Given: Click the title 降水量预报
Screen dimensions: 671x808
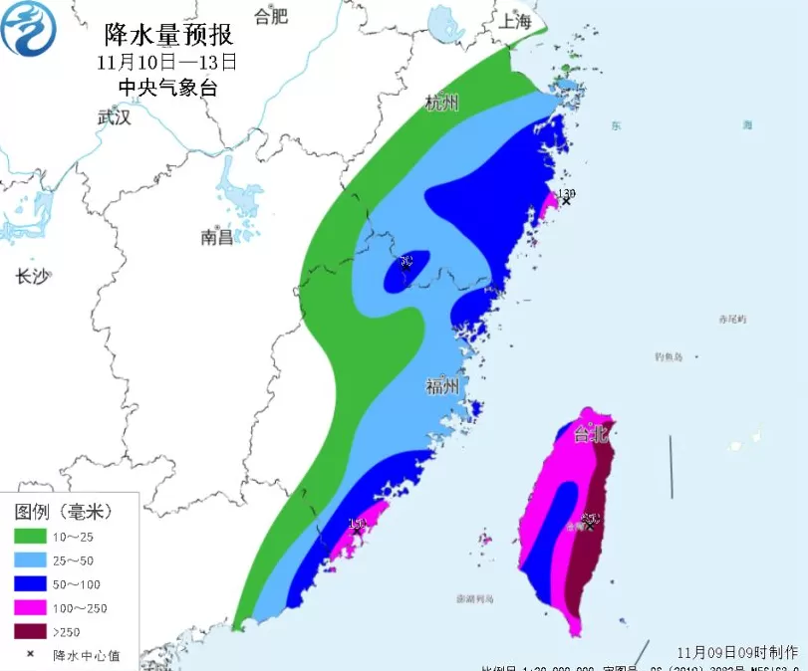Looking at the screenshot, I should pos(169,36).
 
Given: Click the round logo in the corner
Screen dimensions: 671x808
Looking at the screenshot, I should pos(29,30).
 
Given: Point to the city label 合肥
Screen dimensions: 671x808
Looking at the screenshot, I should pos(270,16).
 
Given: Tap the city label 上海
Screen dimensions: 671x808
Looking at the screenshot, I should pos(516,21).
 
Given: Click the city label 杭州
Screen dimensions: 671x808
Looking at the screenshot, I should pos(441,103).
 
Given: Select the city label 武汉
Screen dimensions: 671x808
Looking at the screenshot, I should pos(115,116).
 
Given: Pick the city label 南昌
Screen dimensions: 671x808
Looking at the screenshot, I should pos(216,237).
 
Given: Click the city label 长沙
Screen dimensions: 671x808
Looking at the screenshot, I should pos(32,277).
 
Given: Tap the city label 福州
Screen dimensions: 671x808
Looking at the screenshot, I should pos(442,387).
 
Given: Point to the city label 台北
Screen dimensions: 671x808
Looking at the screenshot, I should pos(589,434).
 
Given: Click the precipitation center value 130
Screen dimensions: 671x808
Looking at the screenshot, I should pos(567,193).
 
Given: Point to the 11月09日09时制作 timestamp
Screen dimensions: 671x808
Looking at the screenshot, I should pos(737,652).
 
